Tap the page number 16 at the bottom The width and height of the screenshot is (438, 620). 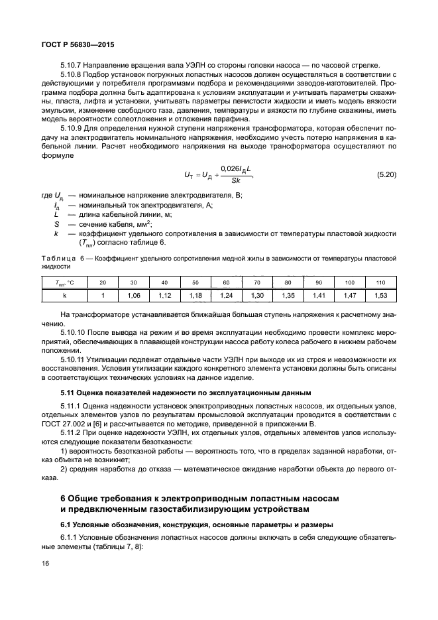click(46, 563)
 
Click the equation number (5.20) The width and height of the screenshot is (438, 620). click(386, 174)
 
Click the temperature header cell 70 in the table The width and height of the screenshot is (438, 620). click(257, 282)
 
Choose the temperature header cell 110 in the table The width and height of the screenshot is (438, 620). click(380, 282)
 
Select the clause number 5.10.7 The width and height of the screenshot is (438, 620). click(72, 64)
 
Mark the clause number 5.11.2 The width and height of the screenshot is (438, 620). click(72, 432)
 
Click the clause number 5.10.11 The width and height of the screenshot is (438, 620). click(74, 359)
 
